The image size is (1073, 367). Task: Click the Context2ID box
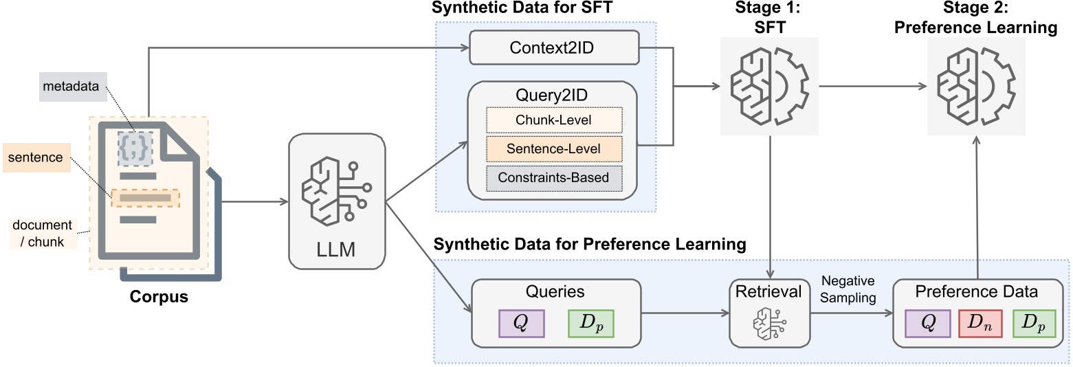pos(554,47)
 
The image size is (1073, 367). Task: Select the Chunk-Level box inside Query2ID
pos(554,120)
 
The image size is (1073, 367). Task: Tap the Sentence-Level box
pos(554,148)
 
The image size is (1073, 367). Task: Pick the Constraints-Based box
pos(554,178)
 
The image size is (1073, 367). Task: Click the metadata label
pos(71,86)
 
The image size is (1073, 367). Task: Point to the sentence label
pos(36,157)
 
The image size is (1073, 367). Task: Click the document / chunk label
pos(43,234)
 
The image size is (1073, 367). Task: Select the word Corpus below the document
pos(159,297)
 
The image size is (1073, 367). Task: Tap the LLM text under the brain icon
pos(336,249)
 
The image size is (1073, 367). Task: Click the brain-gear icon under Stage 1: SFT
pos(769,86)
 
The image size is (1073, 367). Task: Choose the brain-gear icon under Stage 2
pos(976,86)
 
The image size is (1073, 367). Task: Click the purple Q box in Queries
pos(522,324)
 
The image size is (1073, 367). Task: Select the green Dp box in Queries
pos(591,324)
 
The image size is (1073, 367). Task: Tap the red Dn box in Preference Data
pos(980,324)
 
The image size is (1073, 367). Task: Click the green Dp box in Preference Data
pos(1035,324)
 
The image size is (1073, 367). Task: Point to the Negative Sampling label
pos(848,289)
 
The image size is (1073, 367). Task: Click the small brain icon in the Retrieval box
pos(769,324)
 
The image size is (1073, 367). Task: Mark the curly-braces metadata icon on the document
pos(135,149)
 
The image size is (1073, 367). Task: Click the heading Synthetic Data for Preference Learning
pos(590,244)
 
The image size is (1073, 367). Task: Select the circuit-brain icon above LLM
pos(337,190)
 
